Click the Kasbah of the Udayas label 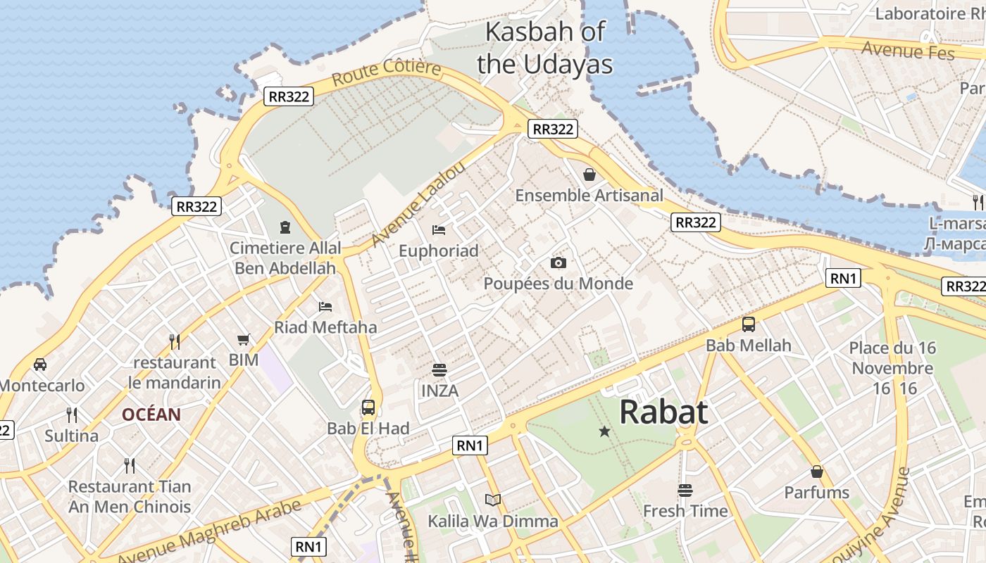[544, 47]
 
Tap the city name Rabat [663, 412]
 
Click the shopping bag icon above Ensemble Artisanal [589, 174]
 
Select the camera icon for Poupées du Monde [558, 262]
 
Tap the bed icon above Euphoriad [438, 229]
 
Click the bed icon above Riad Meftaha [325, 306]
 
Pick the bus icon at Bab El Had [368, 407]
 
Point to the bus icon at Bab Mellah [749, 324]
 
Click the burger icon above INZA [439, 370]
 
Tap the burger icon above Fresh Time [685, 490]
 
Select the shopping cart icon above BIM [244, 340]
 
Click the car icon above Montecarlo [40, 365]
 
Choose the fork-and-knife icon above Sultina [72, 415]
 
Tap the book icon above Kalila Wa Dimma [493, 500]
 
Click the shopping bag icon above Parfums [817, 471]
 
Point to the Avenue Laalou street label [418, 203]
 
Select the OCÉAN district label [151, 415]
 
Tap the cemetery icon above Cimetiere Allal [285, 227]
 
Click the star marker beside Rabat [604, 431]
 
